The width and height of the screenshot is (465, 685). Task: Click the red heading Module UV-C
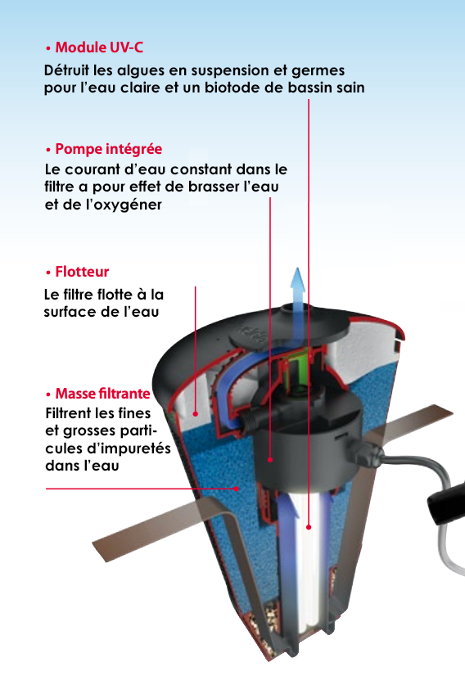click(99, 47)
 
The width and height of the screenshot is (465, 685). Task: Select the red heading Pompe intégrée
click(108, 149)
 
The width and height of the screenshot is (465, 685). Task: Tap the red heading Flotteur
click(82, 272)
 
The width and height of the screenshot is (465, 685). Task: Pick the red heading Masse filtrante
click(102, 394)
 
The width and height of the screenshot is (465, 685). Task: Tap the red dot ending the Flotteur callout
click(196, 413)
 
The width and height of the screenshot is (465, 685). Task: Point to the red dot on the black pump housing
click(270, 460)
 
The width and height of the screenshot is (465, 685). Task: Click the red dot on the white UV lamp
click(309, 527)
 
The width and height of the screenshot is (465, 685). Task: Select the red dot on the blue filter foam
click(237, 489)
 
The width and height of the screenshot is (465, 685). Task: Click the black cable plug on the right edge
click(447, 502)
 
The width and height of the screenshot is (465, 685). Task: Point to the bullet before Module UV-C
click(48, 48)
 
